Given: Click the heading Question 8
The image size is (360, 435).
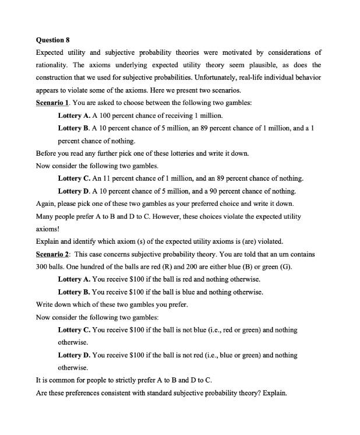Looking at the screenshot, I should pos(52,40).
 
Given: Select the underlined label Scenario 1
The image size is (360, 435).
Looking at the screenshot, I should pos(53,103).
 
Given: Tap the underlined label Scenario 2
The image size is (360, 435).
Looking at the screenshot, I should pos(53,254).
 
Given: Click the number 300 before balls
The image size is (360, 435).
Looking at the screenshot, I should pos(43,267).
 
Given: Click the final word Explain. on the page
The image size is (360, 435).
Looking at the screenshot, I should pos(274,393).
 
